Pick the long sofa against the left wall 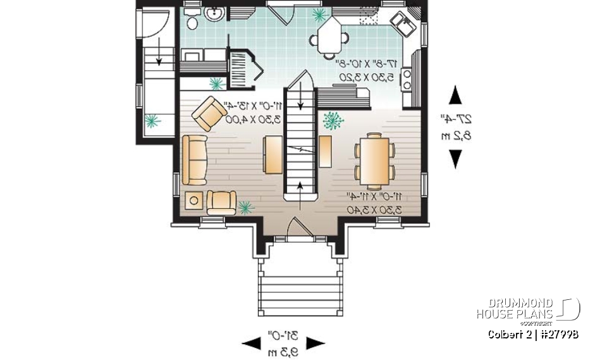click(194, 159)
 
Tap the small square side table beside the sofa click(193, 202)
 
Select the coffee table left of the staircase click(272, 154)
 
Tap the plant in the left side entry click(152, 121)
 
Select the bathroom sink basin click(215, 12)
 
